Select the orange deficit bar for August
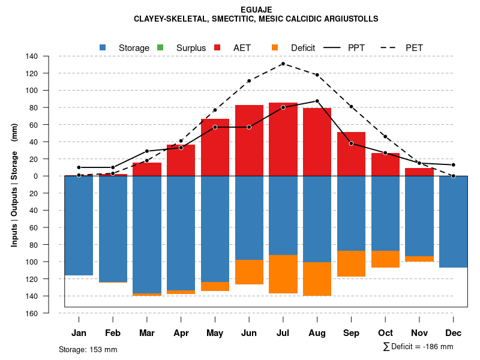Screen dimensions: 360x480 pos(317,279)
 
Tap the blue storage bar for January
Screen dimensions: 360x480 pos(79,226)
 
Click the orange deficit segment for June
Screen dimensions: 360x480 pos(249,272)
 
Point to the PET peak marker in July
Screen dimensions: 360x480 pos(283,64)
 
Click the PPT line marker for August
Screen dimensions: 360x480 pos(317,101)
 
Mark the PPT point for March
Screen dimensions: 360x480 pos(147,151)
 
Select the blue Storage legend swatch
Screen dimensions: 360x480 pos(103,47)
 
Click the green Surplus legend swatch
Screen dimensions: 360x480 pos(160,47)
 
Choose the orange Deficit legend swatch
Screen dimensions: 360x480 pos(275,47)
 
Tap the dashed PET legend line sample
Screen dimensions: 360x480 pos(386,47)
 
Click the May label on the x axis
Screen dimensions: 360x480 pos(215,333)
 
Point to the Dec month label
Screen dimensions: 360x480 pos(454,333)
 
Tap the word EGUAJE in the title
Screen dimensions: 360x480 pos(256,10)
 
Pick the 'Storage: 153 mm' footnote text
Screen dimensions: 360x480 pos(88,349)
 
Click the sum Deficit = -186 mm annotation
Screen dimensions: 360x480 pos(418,347)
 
